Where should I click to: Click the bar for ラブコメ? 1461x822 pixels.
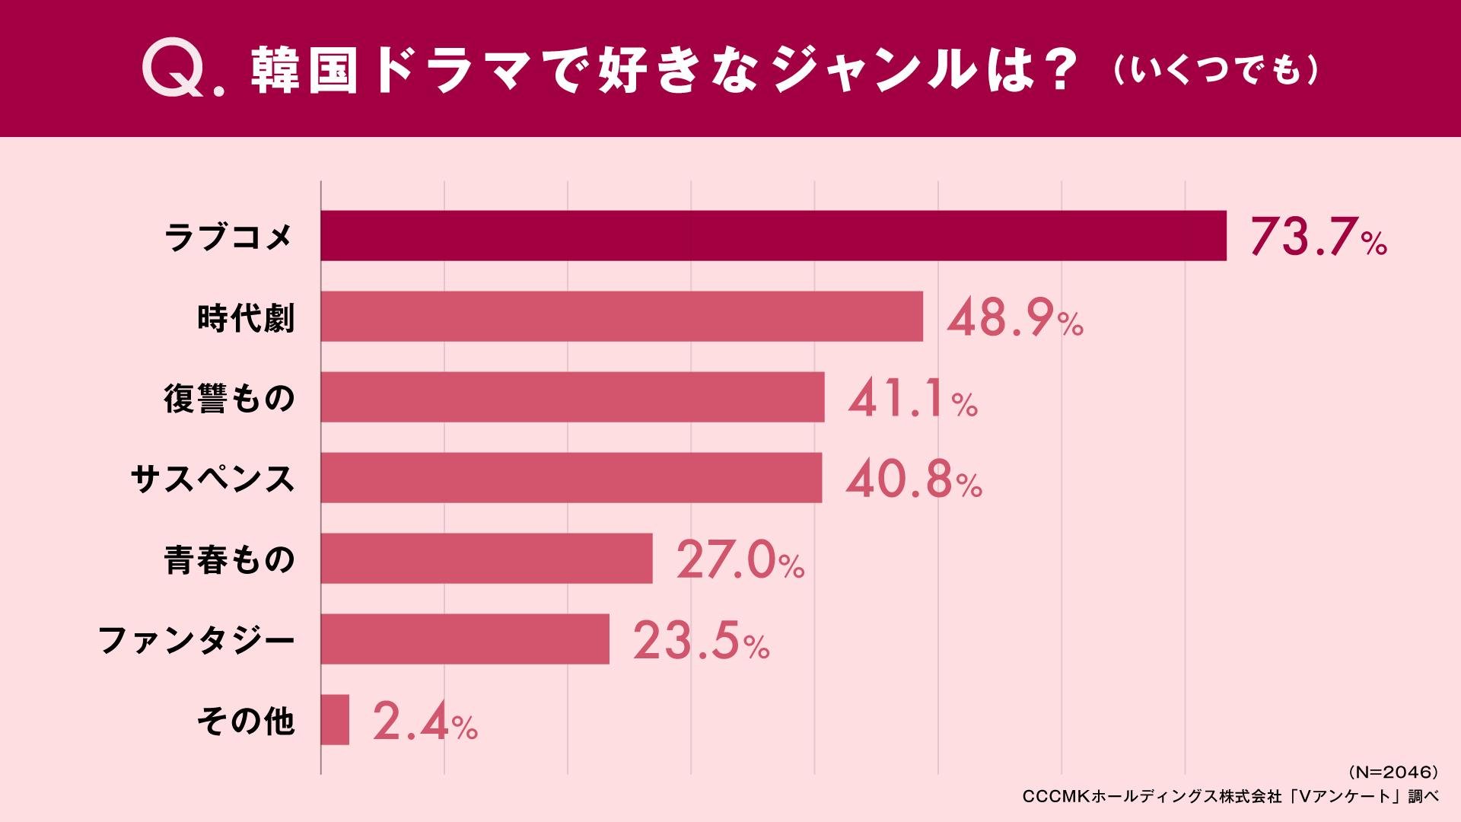pos(773,236)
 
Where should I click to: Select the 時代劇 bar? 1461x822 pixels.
pos(622,316)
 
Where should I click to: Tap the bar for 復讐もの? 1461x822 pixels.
pos(572,397)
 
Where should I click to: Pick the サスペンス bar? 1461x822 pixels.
pos(571,477)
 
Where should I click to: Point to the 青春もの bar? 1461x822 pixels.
pos(486,558)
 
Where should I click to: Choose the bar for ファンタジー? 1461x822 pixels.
pos(465,639)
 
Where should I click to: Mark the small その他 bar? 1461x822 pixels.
pos(335,719)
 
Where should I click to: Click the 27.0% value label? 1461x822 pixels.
pos(740,560)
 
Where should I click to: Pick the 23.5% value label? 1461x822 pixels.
pos(701,641)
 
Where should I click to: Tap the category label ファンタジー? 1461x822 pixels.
pos(196,640)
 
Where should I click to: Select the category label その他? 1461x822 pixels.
pos(245,721)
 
